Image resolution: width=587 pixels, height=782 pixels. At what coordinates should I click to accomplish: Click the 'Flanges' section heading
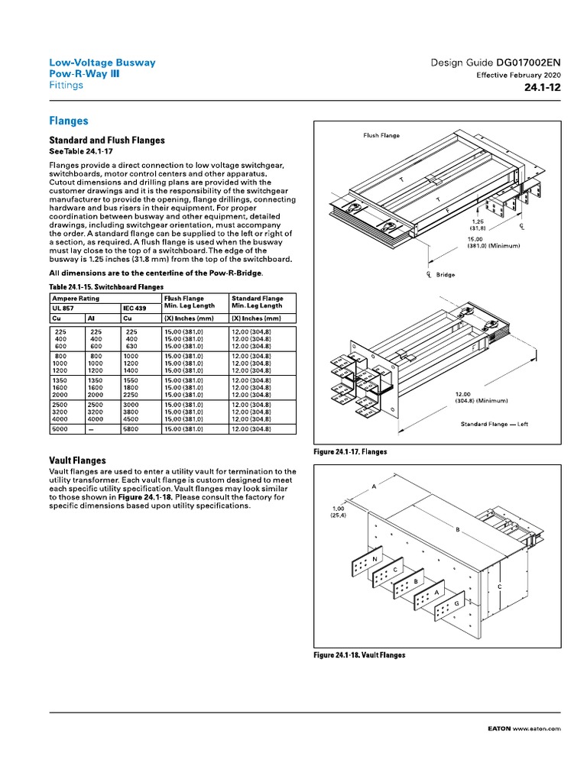(69, 121)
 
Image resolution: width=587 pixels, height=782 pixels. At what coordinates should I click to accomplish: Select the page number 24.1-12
(543, 88)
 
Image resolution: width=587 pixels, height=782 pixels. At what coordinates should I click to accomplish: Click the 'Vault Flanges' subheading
(77, 460)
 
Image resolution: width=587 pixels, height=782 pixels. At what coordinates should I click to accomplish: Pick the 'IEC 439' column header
(135, 308)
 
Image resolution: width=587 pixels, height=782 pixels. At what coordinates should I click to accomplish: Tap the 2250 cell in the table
(131, 393)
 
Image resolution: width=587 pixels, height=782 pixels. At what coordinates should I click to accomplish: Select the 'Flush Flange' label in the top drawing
(381, 135)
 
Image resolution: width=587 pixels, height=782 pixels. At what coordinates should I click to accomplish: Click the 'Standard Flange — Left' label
(494, 424)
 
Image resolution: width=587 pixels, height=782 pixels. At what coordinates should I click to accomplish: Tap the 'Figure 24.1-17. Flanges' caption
(351, 452)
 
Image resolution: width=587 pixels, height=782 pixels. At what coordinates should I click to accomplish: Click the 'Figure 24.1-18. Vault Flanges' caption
(360, 655)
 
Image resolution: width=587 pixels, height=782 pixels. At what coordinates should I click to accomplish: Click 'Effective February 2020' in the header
(519, 76)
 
